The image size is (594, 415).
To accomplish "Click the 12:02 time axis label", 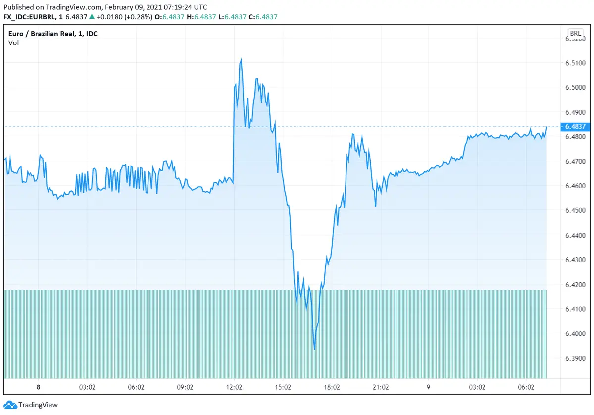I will (x=234, y=388).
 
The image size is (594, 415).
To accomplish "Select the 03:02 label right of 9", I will (x=477, y=388).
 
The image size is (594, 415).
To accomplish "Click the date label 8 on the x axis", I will (x=38, y=388).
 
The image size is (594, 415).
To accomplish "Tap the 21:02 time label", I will (x=380, y=388).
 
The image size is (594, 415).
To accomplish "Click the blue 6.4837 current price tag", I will (x=575, y=127).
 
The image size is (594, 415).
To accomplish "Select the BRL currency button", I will (x=575, y=34).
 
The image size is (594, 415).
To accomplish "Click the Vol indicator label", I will (x=13, y=43).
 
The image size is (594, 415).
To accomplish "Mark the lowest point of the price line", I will (x=314, y=350).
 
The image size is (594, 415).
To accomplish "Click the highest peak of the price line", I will (x=241, y=59).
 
